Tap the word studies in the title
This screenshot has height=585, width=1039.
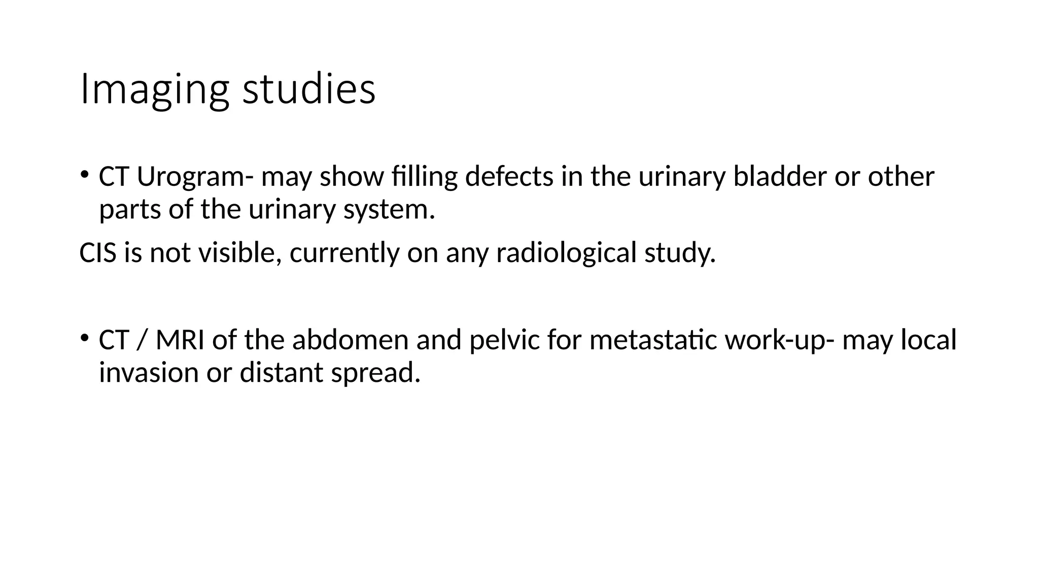point(309,89)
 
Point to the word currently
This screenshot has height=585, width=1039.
point(344,253)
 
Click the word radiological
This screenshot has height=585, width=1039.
point(566,252)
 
